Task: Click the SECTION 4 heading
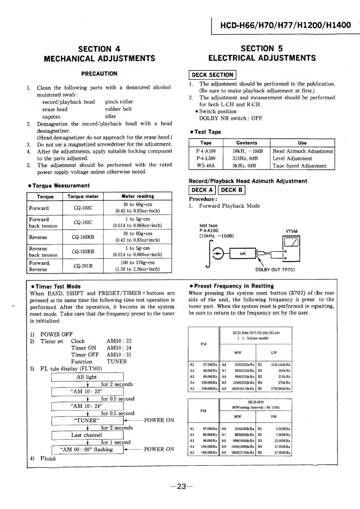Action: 99,49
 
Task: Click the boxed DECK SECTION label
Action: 212,75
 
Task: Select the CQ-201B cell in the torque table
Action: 83,266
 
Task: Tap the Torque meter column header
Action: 83,197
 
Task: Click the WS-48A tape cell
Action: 206,166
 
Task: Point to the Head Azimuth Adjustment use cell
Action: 303,151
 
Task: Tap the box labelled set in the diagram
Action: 243,253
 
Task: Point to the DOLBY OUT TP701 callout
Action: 275,270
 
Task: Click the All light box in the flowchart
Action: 87,377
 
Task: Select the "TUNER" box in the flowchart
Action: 87,421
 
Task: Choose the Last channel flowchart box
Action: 87,435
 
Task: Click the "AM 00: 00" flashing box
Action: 87,450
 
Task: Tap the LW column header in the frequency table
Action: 274,353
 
